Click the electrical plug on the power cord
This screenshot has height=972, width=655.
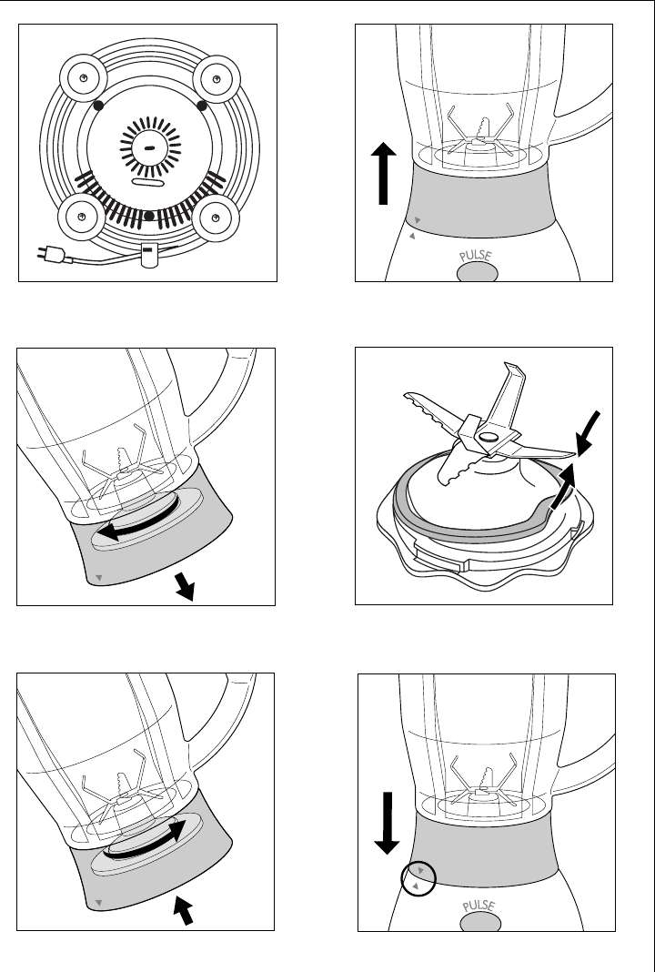click(x=50, y=254)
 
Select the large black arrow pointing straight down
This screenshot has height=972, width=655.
click(x=387, y=822)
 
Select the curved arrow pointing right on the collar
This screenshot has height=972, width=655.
click(x=154, y=842)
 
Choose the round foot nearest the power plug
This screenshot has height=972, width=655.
click(x=82, y=218)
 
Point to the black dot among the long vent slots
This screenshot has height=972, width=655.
click(x=147, y=216)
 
